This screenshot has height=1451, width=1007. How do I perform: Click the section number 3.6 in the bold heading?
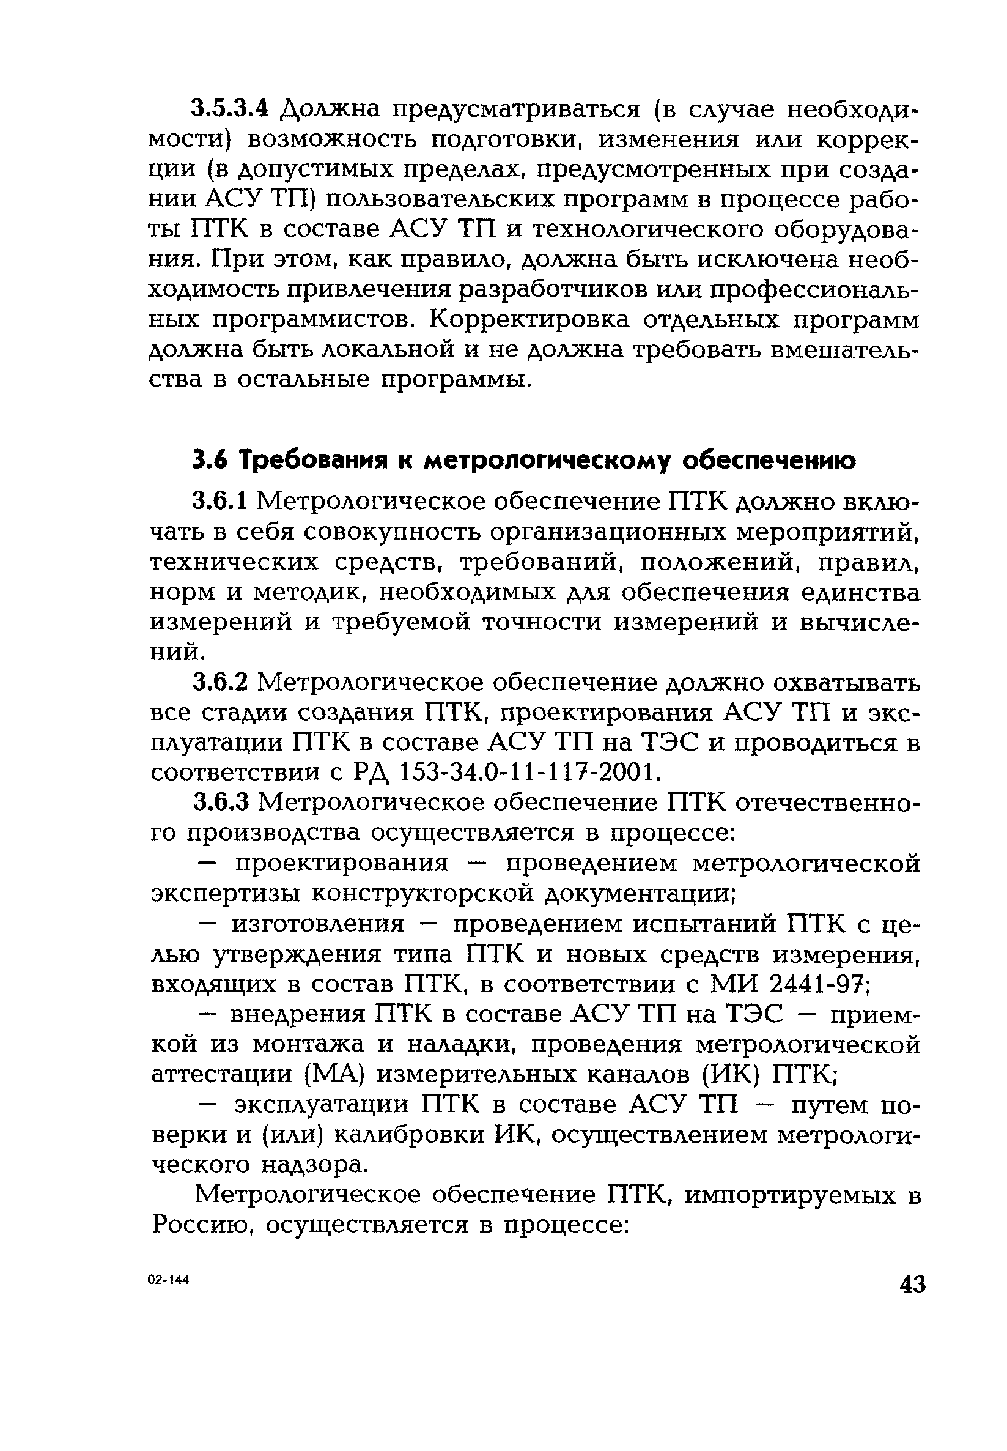(x=210, y=462)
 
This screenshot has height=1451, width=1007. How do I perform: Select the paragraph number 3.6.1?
(x=223, y=502)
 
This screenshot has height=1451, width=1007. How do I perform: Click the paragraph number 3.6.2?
(x=223, y=683)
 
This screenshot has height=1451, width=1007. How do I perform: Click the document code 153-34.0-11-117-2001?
(x=531, y=772)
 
